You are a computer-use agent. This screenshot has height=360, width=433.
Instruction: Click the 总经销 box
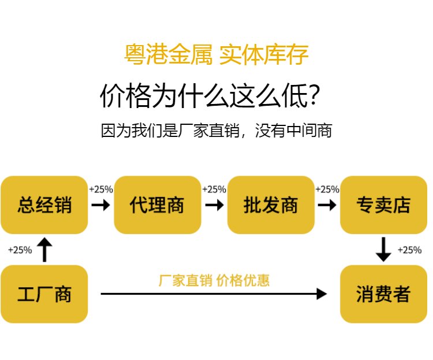pyautogui.click(x=44, y=205)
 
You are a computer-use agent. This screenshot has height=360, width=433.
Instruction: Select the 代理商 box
pyautogui.click(x=157, y=205)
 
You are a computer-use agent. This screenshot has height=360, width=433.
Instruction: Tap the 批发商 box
pyautogui.click(x=271, y=205)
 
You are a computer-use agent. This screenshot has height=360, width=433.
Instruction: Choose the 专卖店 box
pyautogui.click(x=383, y=205)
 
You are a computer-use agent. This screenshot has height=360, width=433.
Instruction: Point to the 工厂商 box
pyautogui.click(x=44, y=294)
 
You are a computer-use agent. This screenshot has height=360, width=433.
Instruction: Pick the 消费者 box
pyautogui.click(x=383, y=294)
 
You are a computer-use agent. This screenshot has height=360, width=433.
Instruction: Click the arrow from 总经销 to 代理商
pyautogui.click(x=100, y=205)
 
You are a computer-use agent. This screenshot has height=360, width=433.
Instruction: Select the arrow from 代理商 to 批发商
pyautogui.click(x=214, y=205)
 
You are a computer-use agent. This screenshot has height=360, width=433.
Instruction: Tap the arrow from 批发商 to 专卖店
pyautogui.click(x=327, y=205)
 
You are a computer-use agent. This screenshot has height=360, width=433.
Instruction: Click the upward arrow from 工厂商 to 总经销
pyautogui.click(x=44, y=249)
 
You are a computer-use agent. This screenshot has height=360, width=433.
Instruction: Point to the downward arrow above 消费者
pyautogui.click(x=383, y=249)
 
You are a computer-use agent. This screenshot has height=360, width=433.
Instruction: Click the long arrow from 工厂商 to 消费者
pyautogui.click(x=214, y=294)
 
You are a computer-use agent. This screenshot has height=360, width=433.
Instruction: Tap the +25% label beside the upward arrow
pyautogui.click(x=20, y=250)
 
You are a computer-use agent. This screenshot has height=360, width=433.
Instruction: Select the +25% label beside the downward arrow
pyautogui.click(x=409, y=250)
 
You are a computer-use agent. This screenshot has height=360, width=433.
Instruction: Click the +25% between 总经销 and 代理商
pyautogui.click(x=101, y=189)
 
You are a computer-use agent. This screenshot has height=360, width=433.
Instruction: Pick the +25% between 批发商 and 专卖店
pyautogui.click(x=327, y=189)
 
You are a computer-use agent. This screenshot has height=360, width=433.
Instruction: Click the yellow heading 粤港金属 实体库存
pyautogui.click(x=216, y=55)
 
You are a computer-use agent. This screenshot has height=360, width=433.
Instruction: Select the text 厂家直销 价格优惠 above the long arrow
pyautogui.click(x=214, y=280)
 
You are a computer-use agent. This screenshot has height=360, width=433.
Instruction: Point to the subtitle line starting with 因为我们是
pyautogui.click(x=216, y=131)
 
